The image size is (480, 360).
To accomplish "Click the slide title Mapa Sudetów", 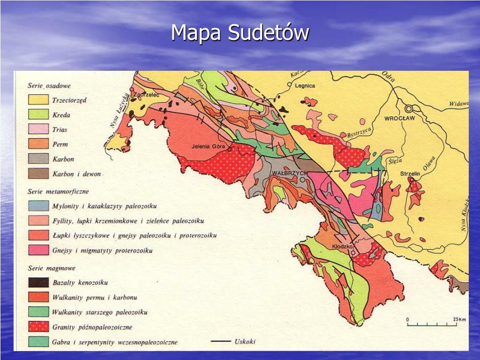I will coord(240,33).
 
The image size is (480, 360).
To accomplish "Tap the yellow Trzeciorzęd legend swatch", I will coord(38,100).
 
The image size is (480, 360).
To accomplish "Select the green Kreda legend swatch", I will coord(38,114).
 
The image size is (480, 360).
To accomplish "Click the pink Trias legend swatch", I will coord(38,129).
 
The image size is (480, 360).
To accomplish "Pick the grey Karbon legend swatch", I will coord(38,159).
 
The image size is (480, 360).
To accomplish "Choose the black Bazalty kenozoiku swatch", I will coord(38,283).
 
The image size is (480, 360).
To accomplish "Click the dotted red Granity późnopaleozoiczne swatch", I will coord(38,327).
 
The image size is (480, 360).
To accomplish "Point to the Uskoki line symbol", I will coord(221,341).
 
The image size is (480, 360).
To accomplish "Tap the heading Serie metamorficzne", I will coord(58,191).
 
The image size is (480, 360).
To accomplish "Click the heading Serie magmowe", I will coord(51,268).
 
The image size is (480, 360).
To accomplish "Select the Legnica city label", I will coord(305,86).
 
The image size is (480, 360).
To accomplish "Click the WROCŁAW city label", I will coord(399,118).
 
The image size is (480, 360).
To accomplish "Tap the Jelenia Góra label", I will coord(209,146).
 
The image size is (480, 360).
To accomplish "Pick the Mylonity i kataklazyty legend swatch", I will coord(38,206).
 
